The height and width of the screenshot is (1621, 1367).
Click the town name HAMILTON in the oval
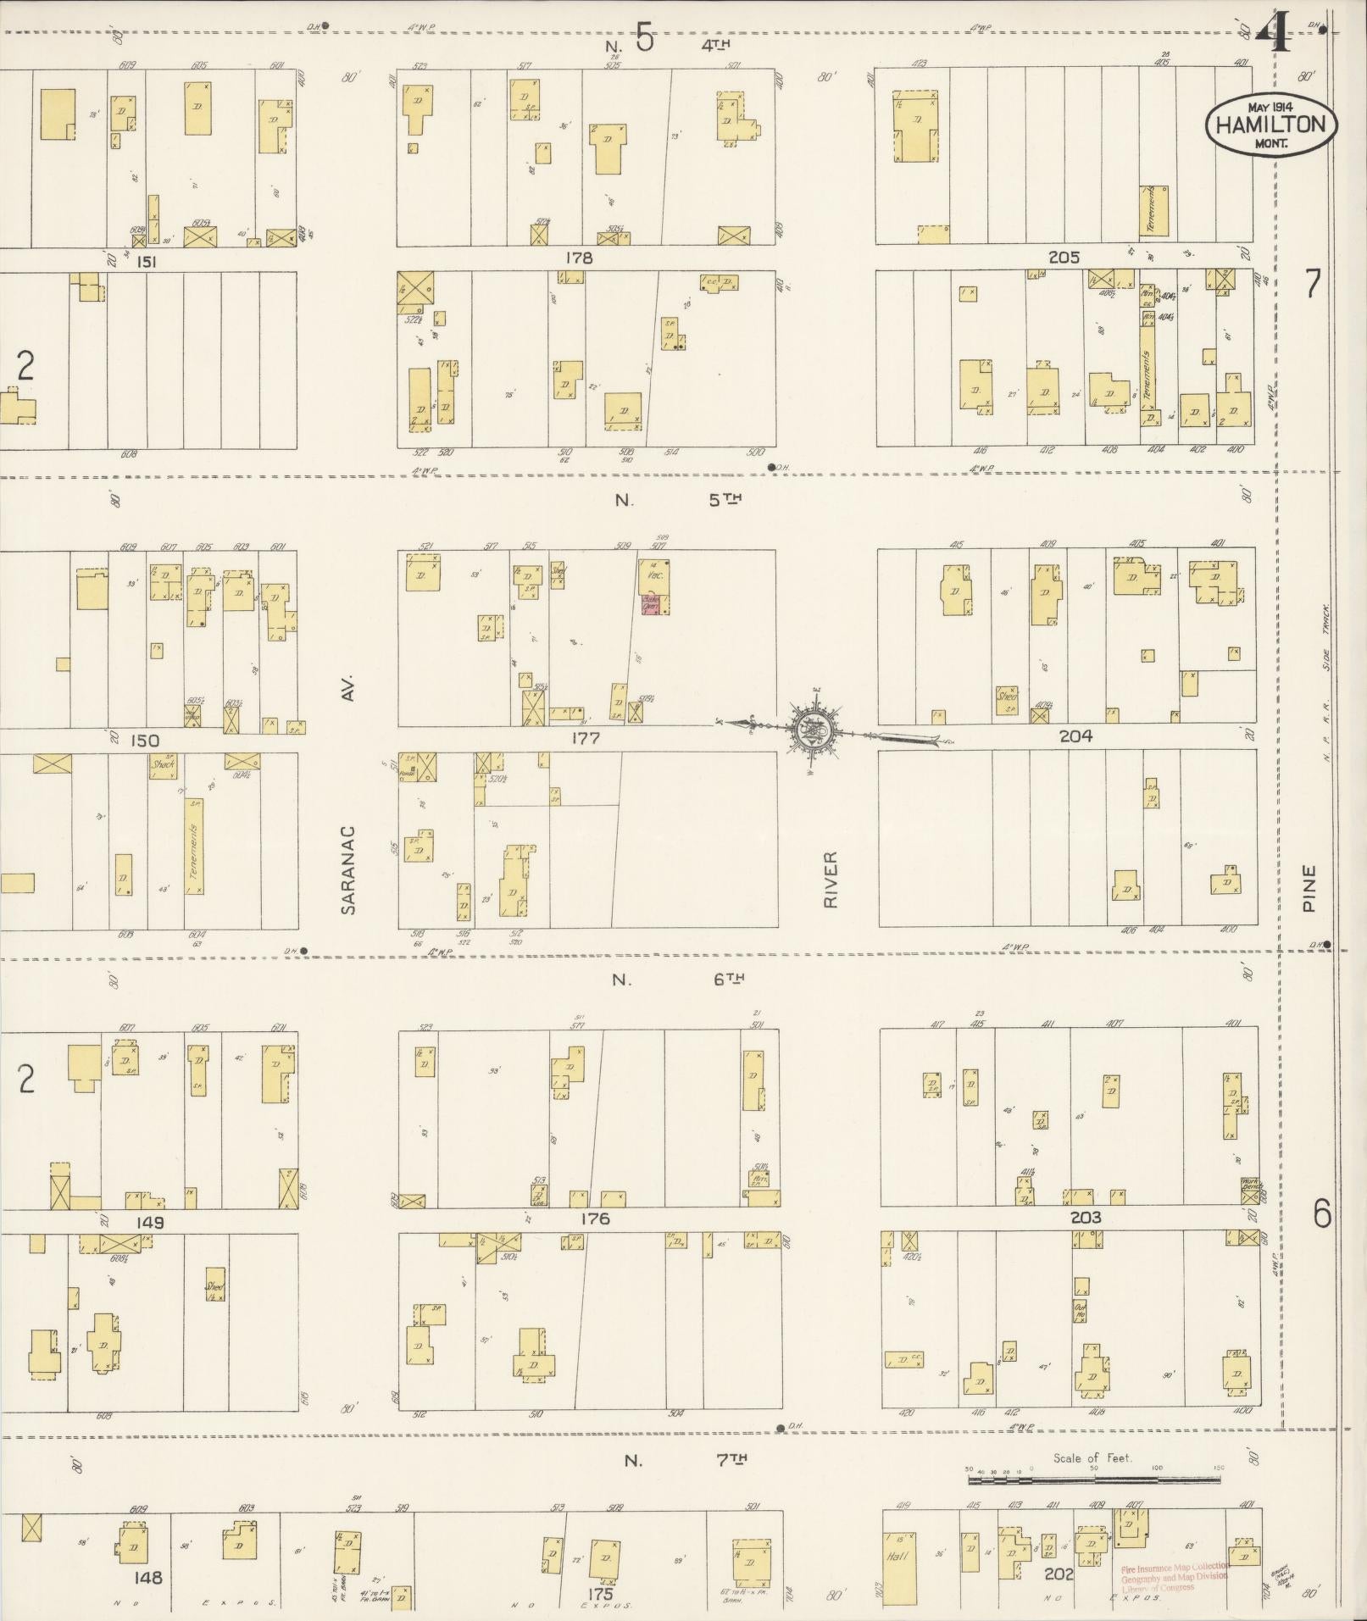tap(1270, 125)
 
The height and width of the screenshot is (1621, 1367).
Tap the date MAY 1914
tap(1269, 107)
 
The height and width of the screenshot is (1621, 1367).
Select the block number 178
tap(579, 258)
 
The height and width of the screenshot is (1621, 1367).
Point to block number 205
tap(1064, 258)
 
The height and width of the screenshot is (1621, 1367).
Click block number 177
tap(586, 738)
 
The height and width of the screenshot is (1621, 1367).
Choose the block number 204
tap(1075, 736)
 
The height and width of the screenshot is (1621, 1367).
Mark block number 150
tap(144, 741)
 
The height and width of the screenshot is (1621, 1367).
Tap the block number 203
tap(1086, 1218)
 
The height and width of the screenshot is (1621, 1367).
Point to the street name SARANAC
tap(348, 870)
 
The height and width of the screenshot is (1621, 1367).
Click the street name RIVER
tap(831, 880)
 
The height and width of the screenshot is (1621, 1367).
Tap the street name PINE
tap(1310, 887)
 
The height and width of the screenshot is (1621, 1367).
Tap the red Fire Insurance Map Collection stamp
tap(1175, 1576)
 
